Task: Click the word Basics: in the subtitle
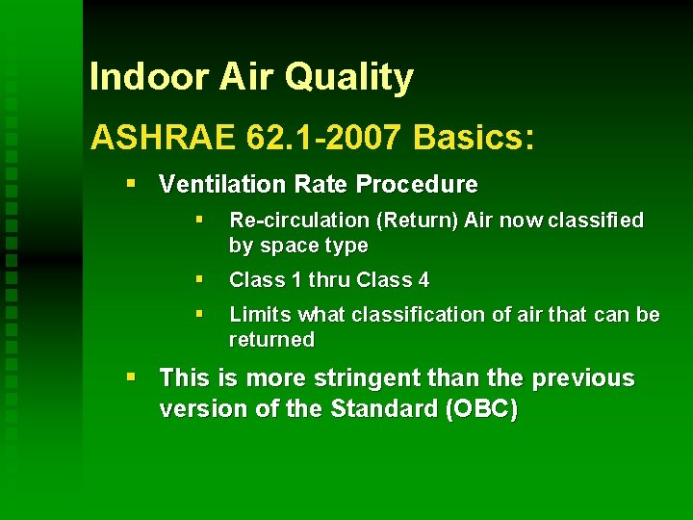473,138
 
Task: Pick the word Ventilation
212,184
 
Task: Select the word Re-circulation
298,221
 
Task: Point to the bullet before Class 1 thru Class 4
198,280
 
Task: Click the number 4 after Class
423,280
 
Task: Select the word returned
271,340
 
